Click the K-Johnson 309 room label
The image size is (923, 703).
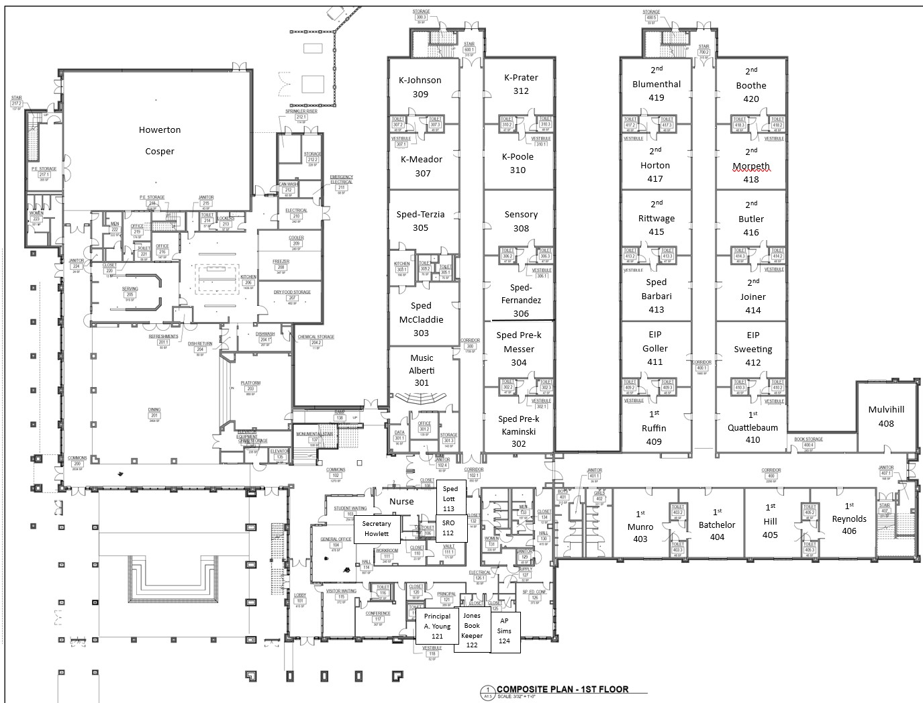click(420, 87)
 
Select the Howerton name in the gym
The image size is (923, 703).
click(159, 130)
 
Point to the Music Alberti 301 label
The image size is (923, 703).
click(422, 370)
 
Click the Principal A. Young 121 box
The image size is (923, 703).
click(437, 626)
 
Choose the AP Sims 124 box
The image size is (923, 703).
click(504, 631)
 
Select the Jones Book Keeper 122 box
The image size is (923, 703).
click(472, 630)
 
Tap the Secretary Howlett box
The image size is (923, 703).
click(377, 529)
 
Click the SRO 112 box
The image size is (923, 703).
click(448, 527)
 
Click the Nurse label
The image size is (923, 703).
click(401, 501)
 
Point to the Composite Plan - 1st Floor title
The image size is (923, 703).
click(562, 689)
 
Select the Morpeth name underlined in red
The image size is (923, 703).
click(751, 166)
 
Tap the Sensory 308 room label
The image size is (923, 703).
click(521, 221)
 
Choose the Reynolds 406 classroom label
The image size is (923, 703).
click(849, 524)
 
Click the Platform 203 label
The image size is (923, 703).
click(251, 386)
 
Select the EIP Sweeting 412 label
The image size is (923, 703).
click(752, 349)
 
